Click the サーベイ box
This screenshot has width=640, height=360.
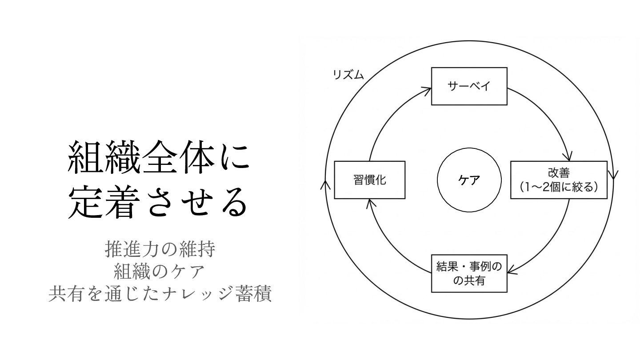click(469, 86)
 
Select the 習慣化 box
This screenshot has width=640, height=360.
click(369, 180)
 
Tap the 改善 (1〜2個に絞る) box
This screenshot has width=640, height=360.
click(559, 180)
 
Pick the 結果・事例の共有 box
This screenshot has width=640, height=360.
click(469, 273)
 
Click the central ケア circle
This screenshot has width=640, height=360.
click(469, 180)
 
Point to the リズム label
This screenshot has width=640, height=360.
click(348, 75)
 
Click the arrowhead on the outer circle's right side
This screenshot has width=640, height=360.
click(615, 175)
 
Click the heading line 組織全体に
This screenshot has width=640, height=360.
click(158, 157)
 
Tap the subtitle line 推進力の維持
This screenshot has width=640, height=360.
click(160, 249)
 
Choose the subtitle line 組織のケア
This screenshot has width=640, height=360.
click(160, 271)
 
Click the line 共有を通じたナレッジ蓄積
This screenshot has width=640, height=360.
click(160, 293)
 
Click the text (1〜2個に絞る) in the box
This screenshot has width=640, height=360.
click(559, 187)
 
